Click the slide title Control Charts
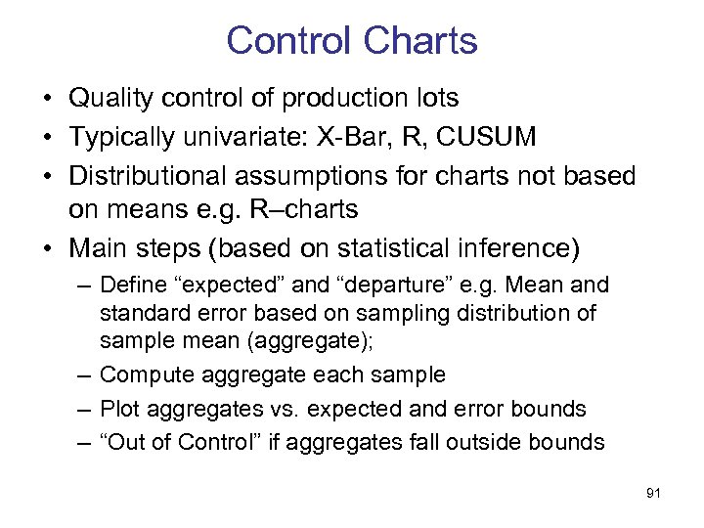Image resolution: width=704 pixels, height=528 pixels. (351, 41)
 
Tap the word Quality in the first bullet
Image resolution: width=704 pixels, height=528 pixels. (107, 99)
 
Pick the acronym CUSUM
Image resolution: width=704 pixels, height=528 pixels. (487, 137)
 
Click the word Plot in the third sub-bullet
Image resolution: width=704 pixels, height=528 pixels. (119, 409)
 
